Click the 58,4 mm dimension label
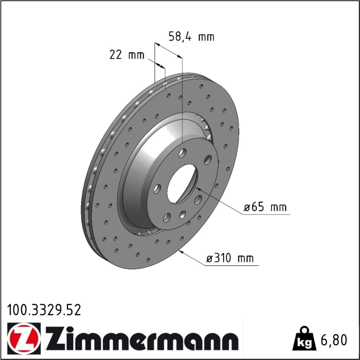click(191, 37)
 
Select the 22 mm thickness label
click(127, 55)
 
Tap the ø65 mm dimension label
click(265, 207)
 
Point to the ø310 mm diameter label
click(230, 258)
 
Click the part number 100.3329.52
click(44, 310)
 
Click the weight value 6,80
click(334, 340)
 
